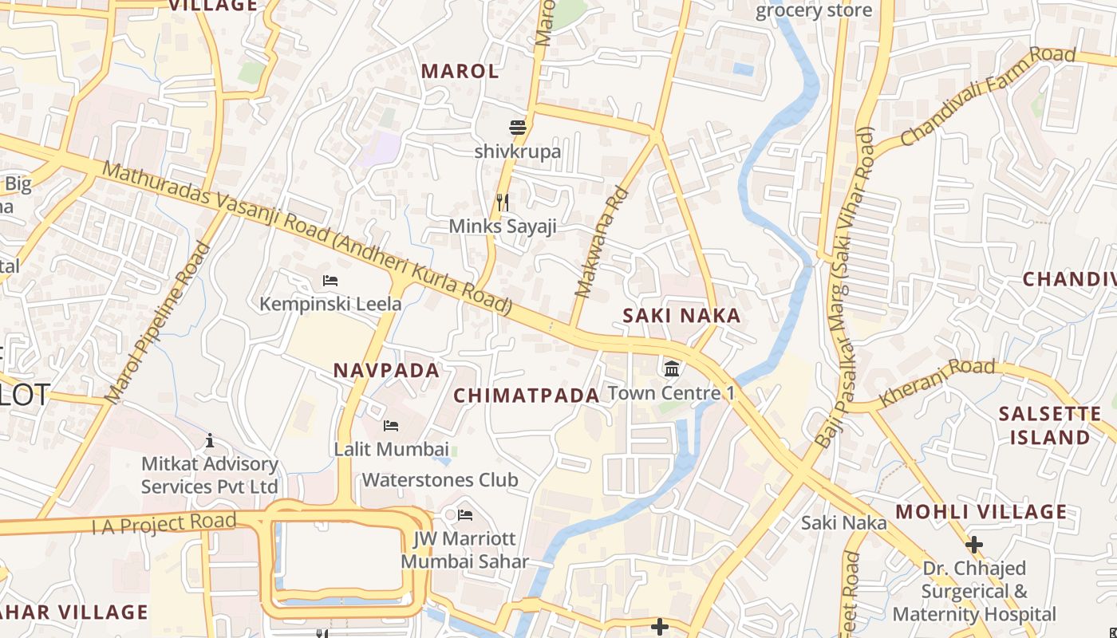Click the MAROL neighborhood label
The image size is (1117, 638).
460,71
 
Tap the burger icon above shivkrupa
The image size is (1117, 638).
518,127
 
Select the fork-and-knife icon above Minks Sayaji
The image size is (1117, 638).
502,202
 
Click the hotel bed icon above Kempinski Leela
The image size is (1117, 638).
330,280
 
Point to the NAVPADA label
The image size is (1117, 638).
386,370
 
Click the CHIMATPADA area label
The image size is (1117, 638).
526,396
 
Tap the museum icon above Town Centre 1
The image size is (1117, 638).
672,368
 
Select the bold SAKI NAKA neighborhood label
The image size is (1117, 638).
681,316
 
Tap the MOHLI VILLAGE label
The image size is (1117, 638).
981,512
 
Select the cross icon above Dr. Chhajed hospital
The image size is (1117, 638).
973,545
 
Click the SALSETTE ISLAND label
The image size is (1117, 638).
1049,426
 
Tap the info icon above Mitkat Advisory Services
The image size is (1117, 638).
210,440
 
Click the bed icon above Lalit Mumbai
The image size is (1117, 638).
391,426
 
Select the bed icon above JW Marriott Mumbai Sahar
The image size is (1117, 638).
464,514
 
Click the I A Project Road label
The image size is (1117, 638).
164,524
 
